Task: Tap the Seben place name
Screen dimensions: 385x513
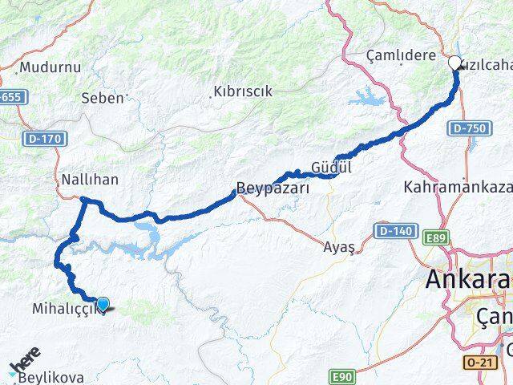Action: tap(103, 98)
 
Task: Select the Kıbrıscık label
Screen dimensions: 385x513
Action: tap(243, 91)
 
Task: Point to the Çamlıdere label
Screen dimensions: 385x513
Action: tap(401, 56)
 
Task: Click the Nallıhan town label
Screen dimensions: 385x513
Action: tap(90, 180)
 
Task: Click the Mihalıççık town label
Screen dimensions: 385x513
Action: tap(67, 309)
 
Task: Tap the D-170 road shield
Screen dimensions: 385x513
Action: tap(43, 139)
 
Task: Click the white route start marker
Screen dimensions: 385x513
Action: tap(454, 63)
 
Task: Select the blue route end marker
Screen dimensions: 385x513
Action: tap(103, 303)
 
